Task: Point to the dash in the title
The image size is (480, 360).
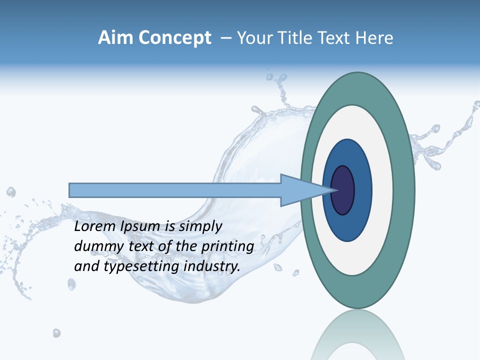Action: [x=225, y=38]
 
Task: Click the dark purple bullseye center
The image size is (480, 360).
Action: [x=343, y=190]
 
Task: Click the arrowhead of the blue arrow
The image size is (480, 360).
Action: [x=300, y=190]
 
